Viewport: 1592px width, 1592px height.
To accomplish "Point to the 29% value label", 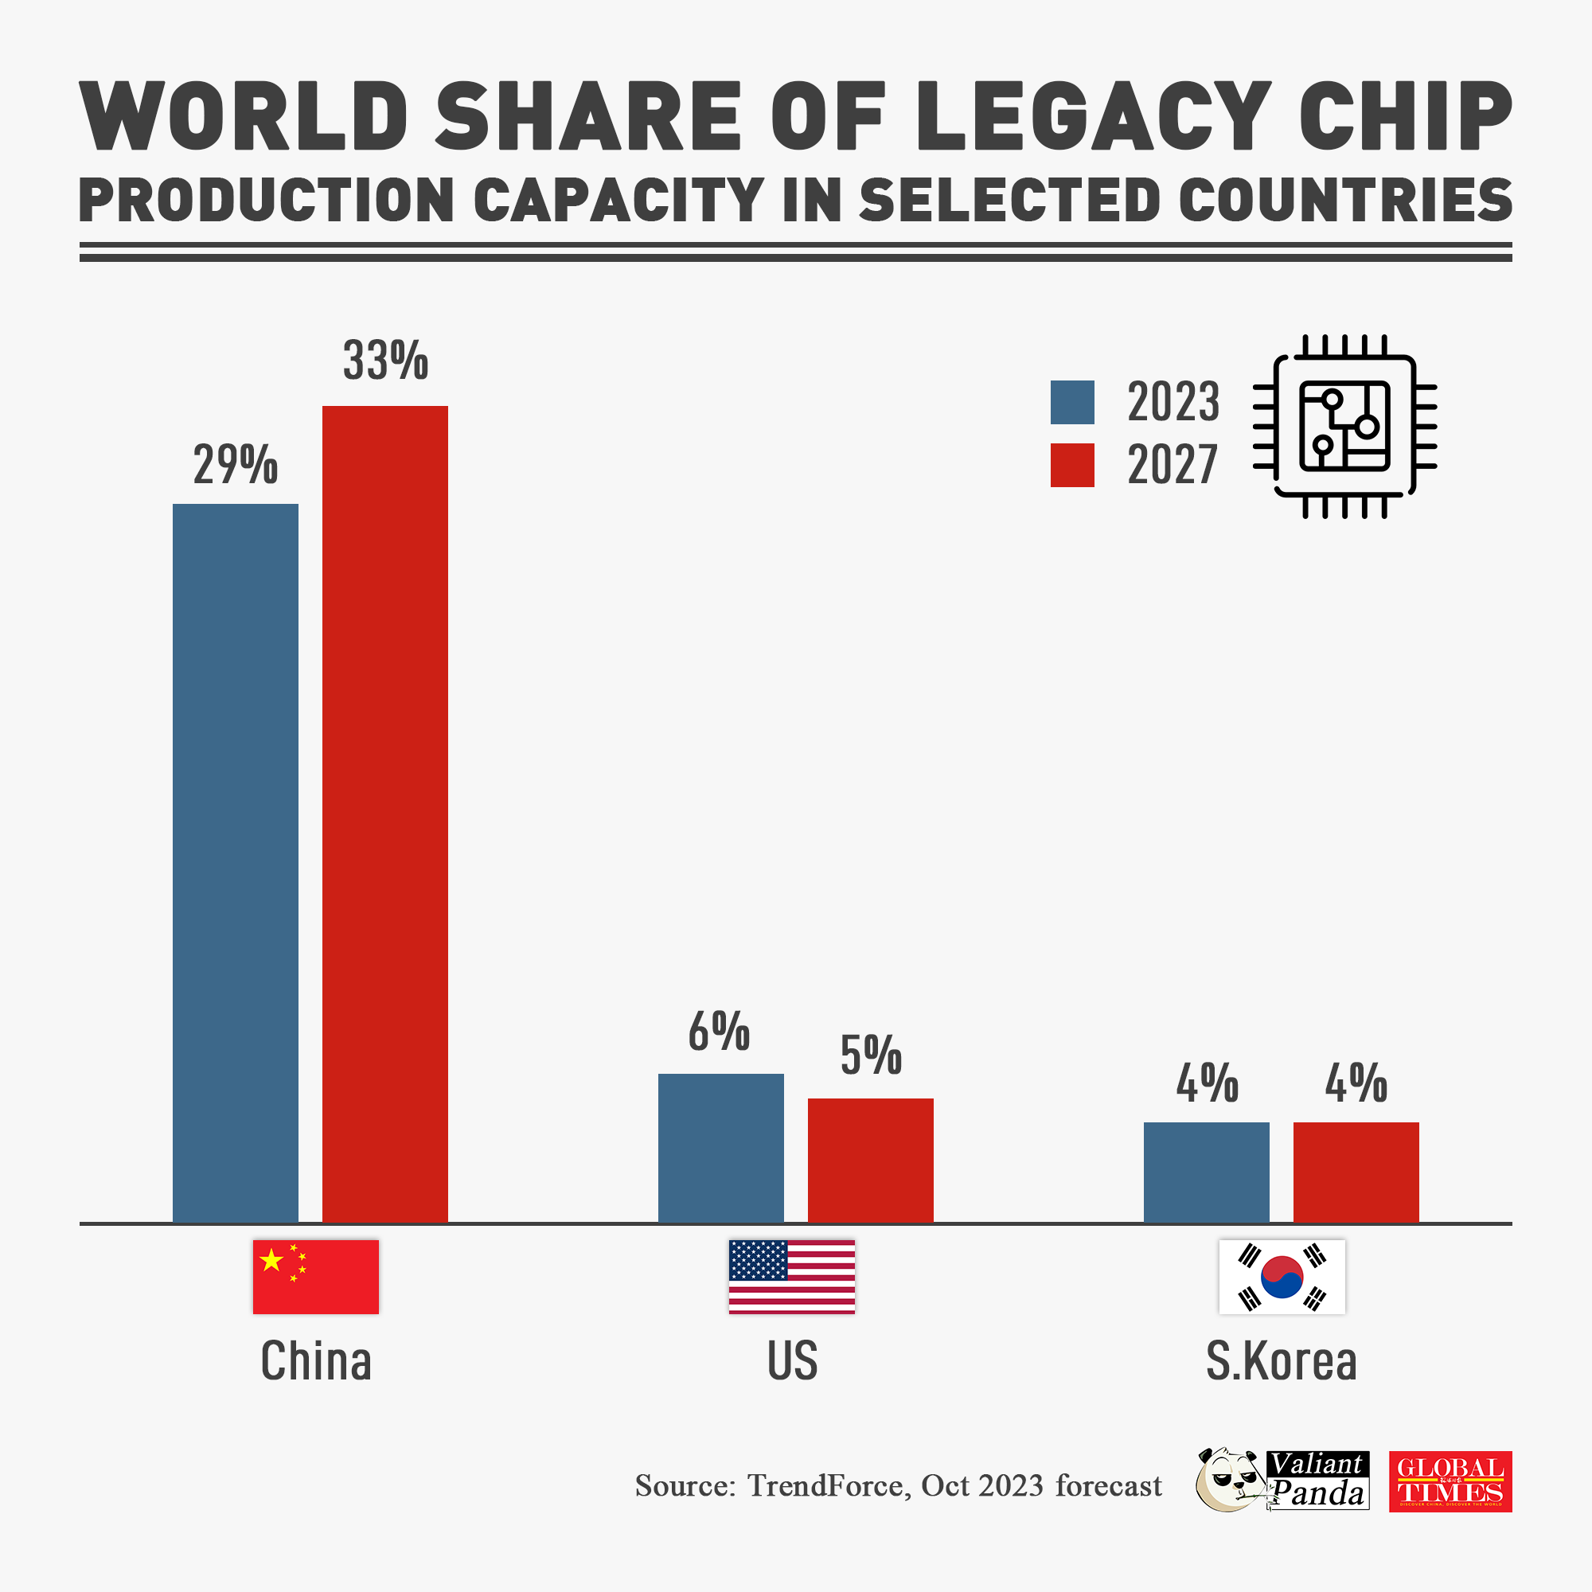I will pos(236,465).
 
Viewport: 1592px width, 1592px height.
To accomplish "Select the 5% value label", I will pos(871,1055).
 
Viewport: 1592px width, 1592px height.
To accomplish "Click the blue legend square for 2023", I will pos(1072,402).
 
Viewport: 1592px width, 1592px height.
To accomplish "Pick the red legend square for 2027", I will pos(1072,465).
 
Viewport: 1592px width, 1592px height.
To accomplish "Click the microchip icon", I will pos(1344,426).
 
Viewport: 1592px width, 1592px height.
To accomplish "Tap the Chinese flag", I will pos(315,1277).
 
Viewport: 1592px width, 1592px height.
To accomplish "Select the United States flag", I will pos(791,1277).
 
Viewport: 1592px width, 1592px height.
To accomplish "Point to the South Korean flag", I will pos(1282,1277).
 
